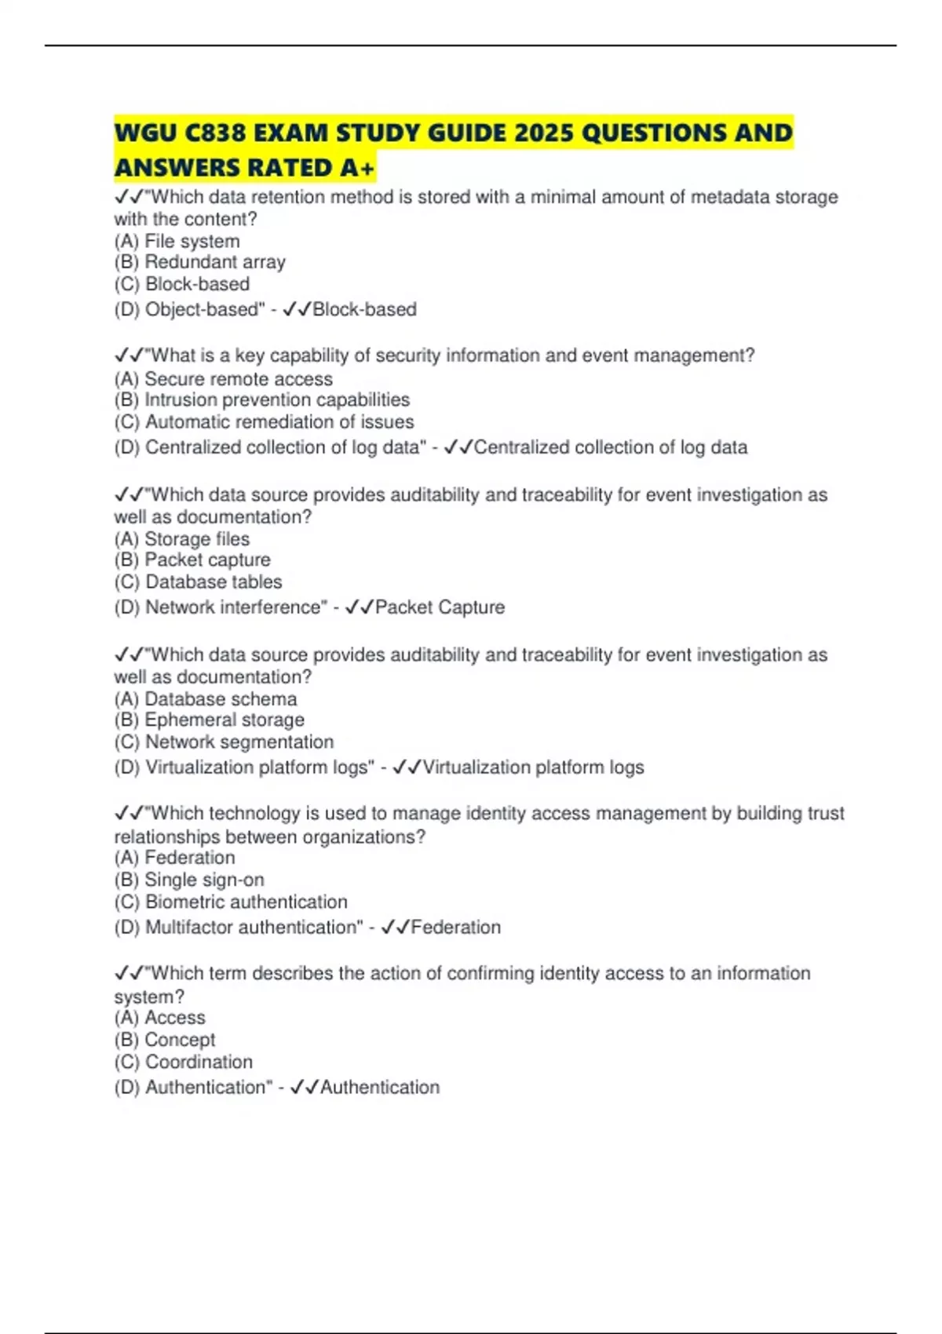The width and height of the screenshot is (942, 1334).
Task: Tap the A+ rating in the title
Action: pyautogui.click(x=358, y=168)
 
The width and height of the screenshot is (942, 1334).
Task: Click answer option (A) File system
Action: pyautogui.click(x=177, y=241)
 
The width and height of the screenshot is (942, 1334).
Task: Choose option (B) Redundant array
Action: pyautogui.click(x=199, y=262)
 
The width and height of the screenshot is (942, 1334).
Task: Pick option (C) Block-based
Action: pyautogui.click(x=181, y=284)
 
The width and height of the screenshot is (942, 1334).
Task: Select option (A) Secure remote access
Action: pyautogui.click(x=223, y=379)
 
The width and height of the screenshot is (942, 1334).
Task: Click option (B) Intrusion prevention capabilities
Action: pyautogui.click(x=261, y=400)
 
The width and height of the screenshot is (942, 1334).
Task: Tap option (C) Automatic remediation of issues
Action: pyautogui.click(x=264, y=422)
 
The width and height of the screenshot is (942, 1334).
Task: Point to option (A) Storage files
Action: pyautogui.click(x=181, y=539)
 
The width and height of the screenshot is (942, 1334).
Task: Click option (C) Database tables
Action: pyautogui.click(x=198, y=582)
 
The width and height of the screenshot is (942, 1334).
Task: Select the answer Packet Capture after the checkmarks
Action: pyautogui.click(x=440, y=607)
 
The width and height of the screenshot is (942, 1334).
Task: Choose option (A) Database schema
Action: pyautogui.click(x=205, y=699)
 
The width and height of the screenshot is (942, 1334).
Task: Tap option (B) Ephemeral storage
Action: pyautogui.click(x=209, y=720)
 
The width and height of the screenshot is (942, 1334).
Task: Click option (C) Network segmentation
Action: pyautogui.click(x=224, y=742)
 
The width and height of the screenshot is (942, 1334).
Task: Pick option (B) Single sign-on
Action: pyautogui.click(x=189, y=880)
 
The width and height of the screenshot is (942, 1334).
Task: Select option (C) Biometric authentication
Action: pyautogui.click(x=231, y=902)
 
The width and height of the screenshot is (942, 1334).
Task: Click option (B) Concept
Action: pyautogui.click(x=164, y=1040)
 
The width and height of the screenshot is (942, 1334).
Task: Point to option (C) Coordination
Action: pyautogui.click(x=183, y=1062)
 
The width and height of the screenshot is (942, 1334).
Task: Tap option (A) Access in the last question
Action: pyautogui.click(x=159, y=1018)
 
